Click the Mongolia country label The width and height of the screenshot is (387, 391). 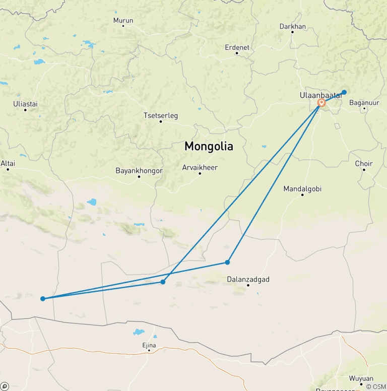pyautogui.click(x=209, y=147)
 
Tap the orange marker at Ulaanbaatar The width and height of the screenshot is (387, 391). pyautogui.click(x=321, y=103)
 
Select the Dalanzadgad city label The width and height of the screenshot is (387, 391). pyautogui.click(x=248, y=279)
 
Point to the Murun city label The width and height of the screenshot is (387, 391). pyautogui.click(x=123, y=21)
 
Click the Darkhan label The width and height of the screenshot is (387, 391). pyautogui.click(x=292, y=27)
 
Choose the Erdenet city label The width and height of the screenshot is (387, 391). pyautogui.click(x=237, y=47)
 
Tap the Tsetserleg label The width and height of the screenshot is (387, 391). pyautogui.click(x=161, y=115)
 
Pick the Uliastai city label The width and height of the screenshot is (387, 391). pyautogui.click(x=25, y=104)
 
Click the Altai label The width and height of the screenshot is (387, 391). pyautogui.click(x=8, y=163)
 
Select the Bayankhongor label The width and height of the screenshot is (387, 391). pyautogui.click(x=139, y=171)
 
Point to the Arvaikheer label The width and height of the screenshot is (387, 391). pyautogui.click(x=200, y=167)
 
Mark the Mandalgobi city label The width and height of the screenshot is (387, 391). pyautogui.click(x=302, y=189)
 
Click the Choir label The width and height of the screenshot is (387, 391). pyautogui.click(x=364, y=164)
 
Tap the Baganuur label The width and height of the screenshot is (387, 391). pyautogui.click(x=364, y=103)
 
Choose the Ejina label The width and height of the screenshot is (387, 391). pyautogui.click(x=149, y=345)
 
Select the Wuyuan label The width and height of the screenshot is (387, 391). pyautogui.click(x=361, y=378)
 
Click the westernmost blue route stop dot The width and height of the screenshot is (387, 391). pyautogui.click(x=43, y=299)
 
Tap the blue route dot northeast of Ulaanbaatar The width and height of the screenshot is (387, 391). pyautogui.click(x=344, y=92)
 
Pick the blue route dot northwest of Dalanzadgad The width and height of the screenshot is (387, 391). pyautogui.click(x=228, y=262)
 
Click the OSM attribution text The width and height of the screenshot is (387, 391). pyautogui.click(x=376, y=386)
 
